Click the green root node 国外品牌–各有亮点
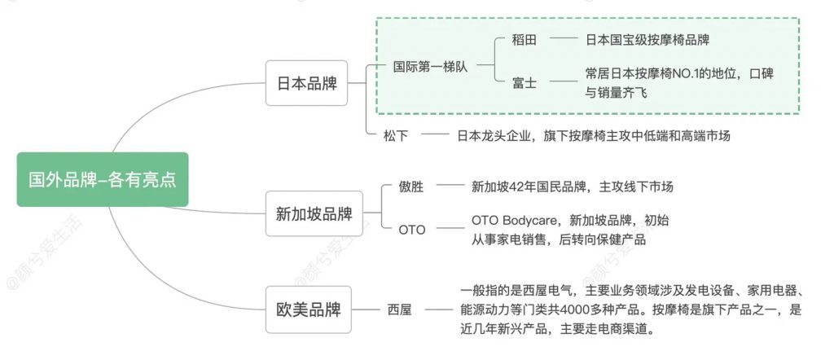102,179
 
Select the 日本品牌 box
306,83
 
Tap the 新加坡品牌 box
314,214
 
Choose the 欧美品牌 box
308,310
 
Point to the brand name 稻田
525,39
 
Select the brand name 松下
396,135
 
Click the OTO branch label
411,230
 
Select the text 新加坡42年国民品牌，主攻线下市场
573,187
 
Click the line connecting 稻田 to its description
563,39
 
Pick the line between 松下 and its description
436,135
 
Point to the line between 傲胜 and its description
450,187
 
